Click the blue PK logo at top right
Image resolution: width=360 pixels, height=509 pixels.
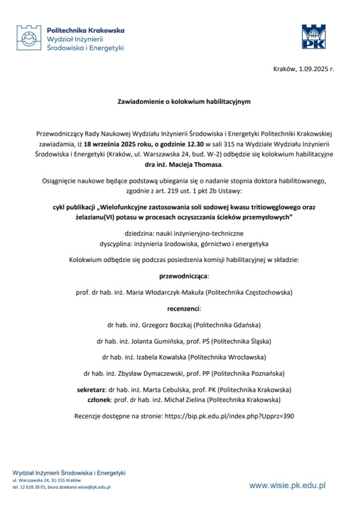click(314, 37)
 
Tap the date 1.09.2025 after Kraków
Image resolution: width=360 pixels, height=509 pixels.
click(315, 69)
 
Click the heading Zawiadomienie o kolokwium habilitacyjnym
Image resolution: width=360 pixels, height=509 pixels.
click(183, 102)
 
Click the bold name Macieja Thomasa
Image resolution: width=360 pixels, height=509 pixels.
click(201, 164)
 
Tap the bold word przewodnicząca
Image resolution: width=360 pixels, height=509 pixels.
click(183, 275)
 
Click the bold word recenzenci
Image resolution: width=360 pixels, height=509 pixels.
click(183, 309)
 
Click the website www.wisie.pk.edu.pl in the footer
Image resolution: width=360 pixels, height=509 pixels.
click(287, 485)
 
